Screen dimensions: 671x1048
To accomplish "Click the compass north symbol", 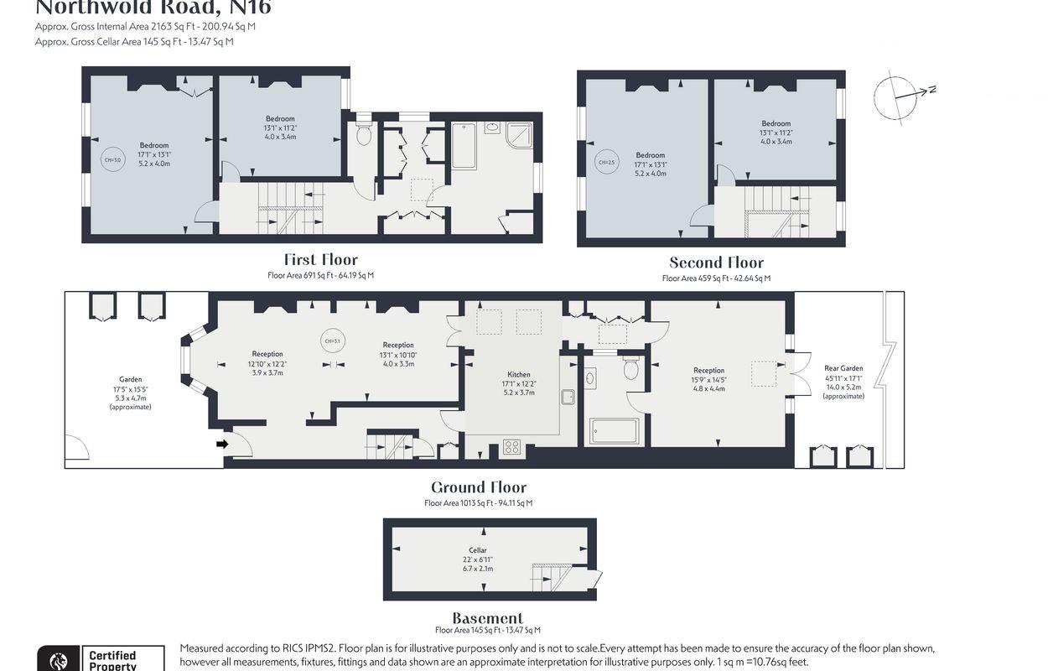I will click(x=898, y=96).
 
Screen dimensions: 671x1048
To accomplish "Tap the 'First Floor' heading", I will click(x=320, y=260).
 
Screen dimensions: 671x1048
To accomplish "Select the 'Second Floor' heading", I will click(x=716, y=263).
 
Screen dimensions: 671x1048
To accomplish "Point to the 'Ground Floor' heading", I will click(x=478, y=487).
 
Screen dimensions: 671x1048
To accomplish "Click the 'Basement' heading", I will click(x=487, y=618).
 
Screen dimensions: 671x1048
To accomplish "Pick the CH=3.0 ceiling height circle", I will click(x=112, y=160).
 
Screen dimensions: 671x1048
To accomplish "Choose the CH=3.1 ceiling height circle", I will click(x=332, y=341).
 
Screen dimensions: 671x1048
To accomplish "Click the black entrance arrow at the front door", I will click(x=222, y=444).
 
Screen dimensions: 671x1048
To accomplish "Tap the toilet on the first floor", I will click(x=364, y=135).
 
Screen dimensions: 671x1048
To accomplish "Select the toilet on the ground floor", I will click(x=631, y=369).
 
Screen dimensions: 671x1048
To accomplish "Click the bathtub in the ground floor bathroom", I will click(x=615, y=431).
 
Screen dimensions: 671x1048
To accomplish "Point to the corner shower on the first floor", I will click(x=519, y=134).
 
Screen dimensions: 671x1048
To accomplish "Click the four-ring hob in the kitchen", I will click(x=511, y=448).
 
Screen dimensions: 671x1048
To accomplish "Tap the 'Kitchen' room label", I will click(x=519, y=375).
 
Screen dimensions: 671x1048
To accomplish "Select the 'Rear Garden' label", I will click(x=843, y=368).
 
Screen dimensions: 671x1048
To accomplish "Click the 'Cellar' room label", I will click(x=478, y=550).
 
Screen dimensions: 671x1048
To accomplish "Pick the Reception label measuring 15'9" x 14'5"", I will click(x=708, y=371).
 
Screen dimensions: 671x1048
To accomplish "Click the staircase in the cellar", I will click(x=551, y=577).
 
